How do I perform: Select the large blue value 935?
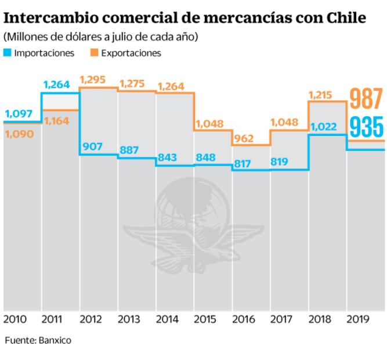[367, 127]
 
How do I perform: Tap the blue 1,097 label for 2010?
[20, 114]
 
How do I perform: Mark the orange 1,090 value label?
[19, 134]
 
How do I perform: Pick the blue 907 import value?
[93, 147]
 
